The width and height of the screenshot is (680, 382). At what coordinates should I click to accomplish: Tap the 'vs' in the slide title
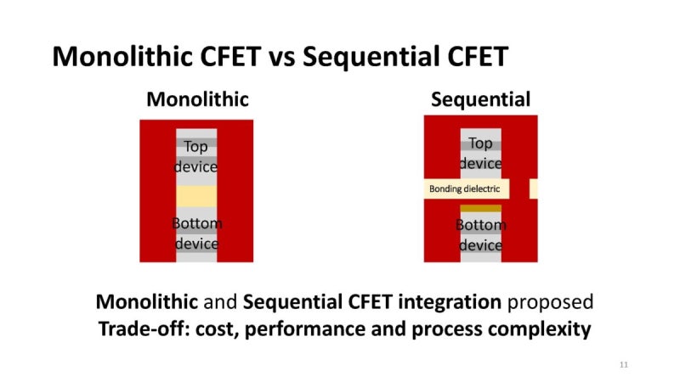(281, 57)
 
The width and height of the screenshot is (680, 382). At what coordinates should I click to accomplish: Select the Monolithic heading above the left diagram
(198, 99)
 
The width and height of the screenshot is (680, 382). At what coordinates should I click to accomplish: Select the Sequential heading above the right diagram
(480, 99)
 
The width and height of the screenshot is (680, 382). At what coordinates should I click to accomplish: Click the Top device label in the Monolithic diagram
(196, 157)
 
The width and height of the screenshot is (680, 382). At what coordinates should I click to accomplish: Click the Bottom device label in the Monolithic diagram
(196, 233)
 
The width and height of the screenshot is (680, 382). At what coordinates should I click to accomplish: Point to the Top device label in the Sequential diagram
(480, 154)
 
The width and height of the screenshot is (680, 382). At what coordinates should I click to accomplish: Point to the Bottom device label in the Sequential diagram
(480, 235)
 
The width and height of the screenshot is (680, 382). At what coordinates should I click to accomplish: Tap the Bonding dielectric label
(464, 189)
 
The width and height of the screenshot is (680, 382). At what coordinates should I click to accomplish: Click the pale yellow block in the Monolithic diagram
(196, 197)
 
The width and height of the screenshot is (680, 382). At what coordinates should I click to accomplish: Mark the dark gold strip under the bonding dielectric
(480, 207)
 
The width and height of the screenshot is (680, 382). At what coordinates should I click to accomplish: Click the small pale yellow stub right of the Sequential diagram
(533, 189)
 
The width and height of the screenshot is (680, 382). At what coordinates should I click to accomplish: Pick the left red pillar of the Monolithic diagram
(157, 191)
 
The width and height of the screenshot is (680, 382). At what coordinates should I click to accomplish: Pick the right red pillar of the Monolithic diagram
(235, 191)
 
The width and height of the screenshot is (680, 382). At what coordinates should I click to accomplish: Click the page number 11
(624, 364)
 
